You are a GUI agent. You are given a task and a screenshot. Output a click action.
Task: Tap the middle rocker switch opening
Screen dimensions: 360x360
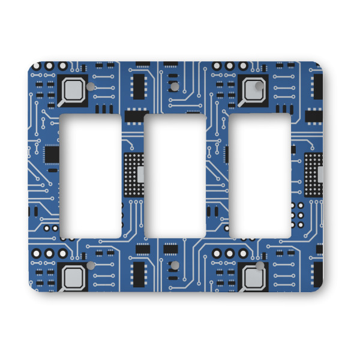[176, 175]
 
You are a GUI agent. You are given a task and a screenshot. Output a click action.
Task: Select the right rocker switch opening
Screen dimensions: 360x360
[260, 175]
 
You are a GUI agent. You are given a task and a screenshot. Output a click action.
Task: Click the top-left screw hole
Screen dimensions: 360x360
[91, 87]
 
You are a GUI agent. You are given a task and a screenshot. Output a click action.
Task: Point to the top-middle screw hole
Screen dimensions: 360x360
[175, 87]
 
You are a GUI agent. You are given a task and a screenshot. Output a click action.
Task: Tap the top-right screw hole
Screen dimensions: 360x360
[259, 87]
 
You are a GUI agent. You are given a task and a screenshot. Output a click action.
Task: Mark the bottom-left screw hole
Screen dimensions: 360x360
[91, 265]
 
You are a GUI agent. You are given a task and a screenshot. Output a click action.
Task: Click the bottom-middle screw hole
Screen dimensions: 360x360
[175, 265]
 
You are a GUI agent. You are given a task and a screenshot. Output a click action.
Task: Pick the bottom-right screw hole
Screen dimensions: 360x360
[259, 265]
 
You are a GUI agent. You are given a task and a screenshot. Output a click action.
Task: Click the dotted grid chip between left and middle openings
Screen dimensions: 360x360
[134, 175]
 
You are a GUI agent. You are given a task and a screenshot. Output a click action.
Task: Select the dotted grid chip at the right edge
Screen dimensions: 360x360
[314, 175]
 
